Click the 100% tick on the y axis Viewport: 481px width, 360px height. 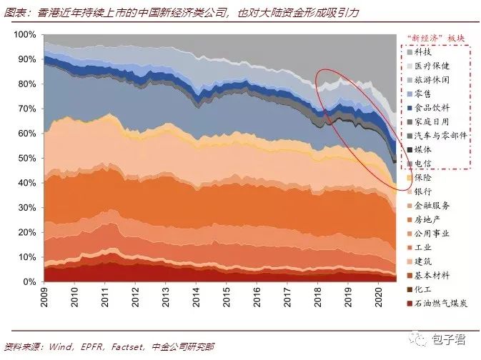[x=24, y=35]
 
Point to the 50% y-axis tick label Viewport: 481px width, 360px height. [x=26, y=158]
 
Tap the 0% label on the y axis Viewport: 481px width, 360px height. [x=29, y=281]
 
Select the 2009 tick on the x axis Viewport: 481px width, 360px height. [x=44, y=298]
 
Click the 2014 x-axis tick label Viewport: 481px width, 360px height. [x=196, y=298]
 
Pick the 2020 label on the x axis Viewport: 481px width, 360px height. [x=377, y=298]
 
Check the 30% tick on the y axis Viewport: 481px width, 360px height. [x=26, y=207]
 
